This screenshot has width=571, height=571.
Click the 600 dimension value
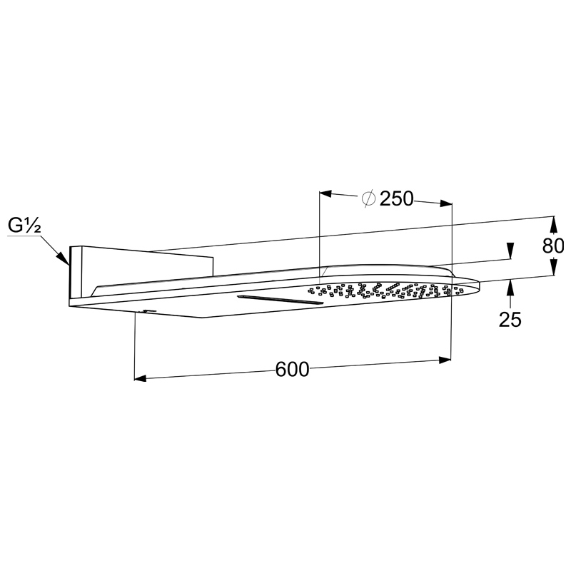pos(292,369)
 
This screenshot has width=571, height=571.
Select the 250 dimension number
pos(397,199)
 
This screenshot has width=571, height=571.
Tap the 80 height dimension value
pos(553,246)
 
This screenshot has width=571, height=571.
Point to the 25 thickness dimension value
pos(510,319)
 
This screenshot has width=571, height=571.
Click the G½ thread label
pos(24,226)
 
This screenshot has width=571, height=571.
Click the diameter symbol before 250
pos(368,198)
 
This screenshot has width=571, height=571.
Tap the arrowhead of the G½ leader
pos(64,258)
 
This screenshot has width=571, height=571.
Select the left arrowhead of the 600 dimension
pos(140,379)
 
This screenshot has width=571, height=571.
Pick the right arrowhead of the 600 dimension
pos(445,360)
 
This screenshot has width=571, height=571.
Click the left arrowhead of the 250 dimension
pos(325,193)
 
